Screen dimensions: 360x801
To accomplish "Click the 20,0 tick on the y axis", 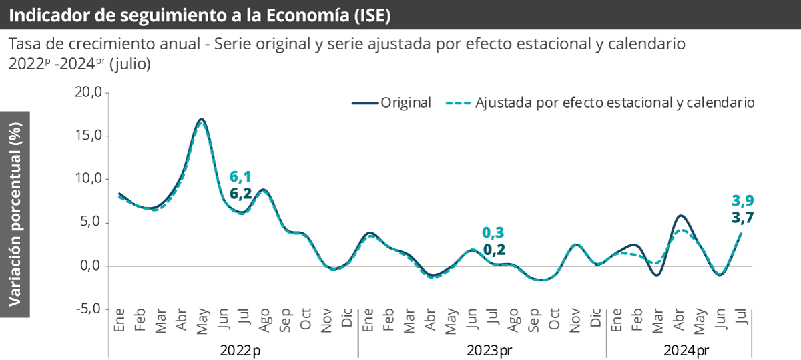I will click(87, 92).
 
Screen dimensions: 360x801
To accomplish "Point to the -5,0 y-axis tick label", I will click(87, 309).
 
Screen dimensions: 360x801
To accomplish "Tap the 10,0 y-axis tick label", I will click(87, 179).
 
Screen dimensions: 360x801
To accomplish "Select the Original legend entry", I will click(392, 103).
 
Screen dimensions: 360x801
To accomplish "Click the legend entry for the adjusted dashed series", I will click(599, 103).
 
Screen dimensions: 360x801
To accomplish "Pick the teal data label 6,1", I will click(240, 177).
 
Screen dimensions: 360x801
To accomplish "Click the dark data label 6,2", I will click(240, 194).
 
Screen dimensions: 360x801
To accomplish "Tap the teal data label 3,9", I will click(742, 200).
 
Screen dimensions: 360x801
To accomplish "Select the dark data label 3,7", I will click(742, 217).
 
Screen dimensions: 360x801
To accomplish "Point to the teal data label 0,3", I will click(493, 233).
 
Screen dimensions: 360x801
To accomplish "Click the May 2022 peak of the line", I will click(202, 120).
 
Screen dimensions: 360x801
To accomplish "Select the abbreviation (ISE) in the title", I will click(365, 14).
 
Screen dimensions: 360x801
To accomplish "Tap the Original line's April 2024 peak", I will click(680, 216).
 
